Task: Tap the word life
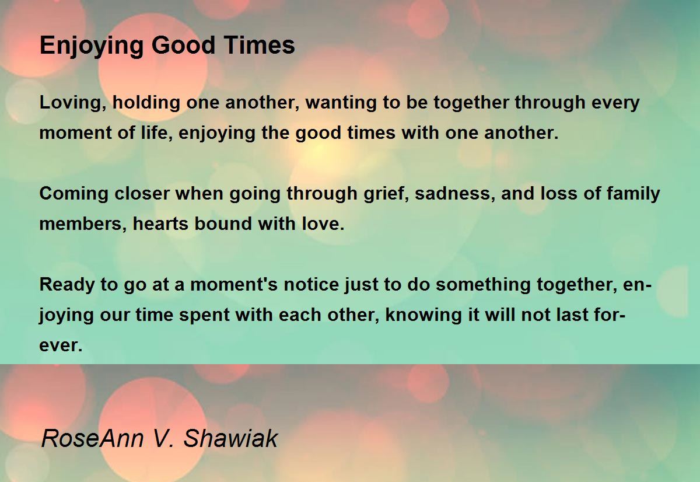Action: click(x=151, y=133)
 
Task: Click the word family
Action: click(x=635, y=194)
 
